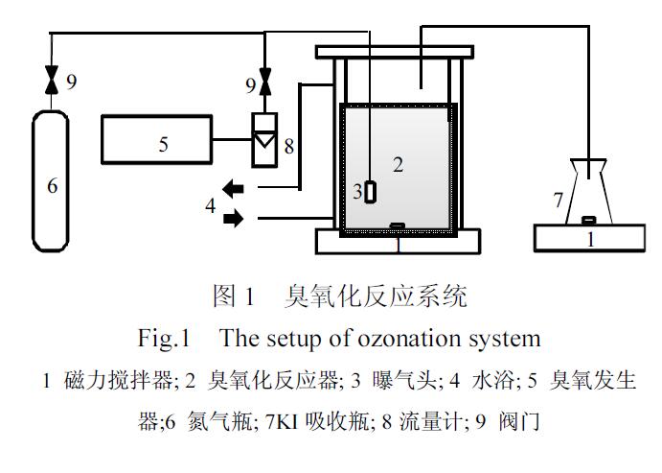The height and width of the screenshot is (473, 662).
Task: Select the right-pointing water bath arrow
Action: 233,220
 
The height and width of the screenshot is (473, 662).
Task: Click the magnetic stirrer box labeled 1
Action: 590,237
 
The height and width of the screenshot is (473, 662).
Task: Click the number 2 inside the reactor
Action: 398,164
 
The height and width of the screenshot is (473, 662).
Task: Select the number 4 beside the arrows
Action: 209,203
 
